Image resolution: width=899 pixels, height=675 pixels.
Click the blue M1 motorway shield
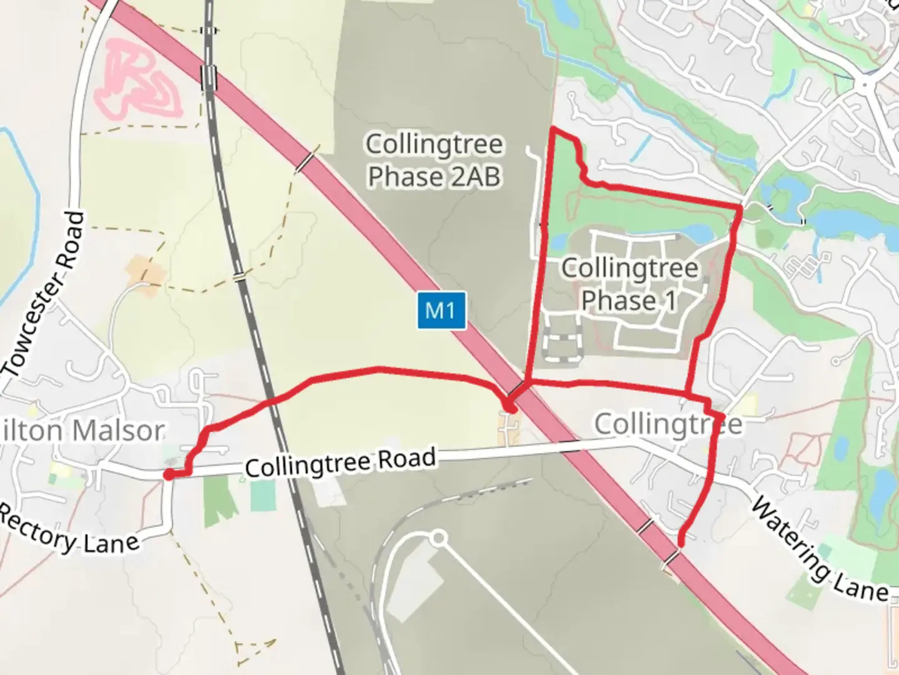[441, 310]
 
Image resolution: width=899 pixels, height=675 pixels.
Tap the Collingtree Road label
[340, 462]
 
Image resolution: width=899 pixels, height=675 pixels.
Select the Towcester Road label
[44, 294]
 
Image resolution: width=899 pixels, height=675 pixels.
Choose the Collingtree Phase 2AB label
[435, 160]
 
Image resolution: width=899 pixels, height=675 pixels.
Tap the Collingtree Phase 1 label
[629, 284]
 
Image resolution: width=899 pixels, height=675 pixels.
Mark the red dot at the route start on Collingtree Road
[169, 475]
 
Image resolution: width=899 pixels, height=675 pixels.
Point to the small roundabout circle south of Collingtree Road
[439, 537]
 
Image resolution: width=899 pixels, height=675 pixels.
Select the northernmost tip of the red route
[553, 128]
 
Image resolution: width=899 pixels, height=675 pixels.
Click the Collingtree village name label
[668, 424]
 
